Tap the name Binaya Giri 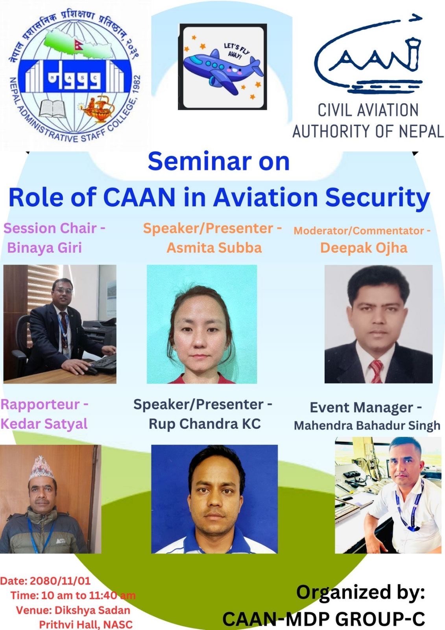click(44, 248)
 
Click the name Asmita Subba click(214, 248)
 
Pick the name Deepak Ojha click(364, 248)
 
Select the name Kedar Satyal click(44, 424)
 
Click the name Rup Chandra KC click(205, 424)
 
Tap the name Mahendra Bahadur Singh click(367, 425)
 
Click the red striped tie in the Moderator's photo click(377, 371)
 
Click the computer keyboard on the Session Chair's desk click(103, 362)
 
